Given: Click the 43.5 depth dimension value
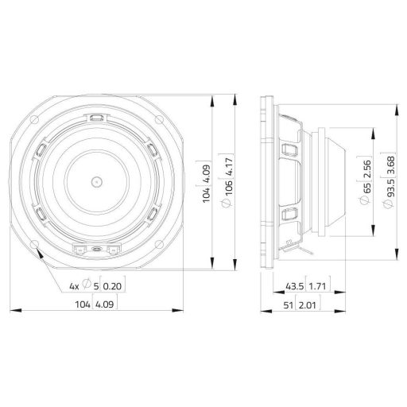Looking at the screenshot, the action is (x=294, y=286).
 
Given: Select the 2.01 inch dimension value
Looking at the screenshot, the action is (x=308, y=305).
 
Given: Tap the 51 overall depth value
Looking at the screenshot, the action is (x=288, y=305).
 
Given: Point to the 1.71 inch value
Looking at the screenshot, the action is (x=317, y=286).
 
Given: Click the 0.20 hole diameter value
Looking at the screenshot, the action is (x=112, y=286).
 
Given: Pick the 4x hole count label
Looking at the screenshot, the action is (x=74, y=286).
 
